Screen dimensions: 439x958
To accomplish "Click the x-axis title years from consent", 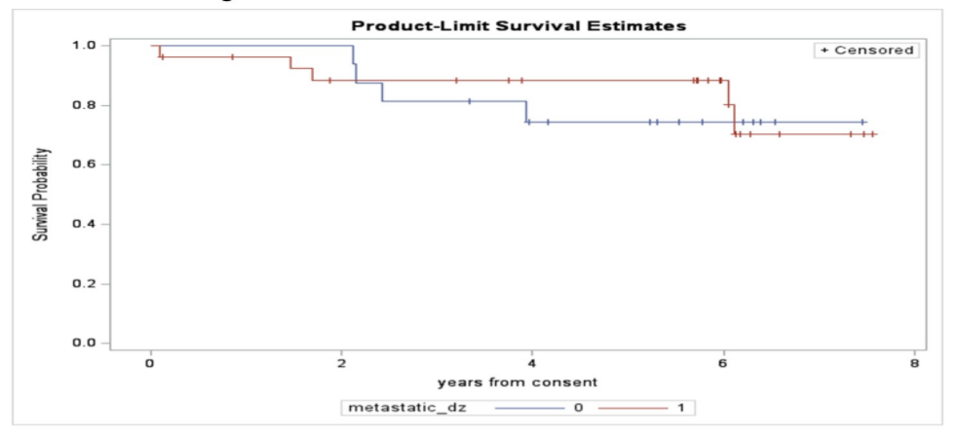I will point(517,382).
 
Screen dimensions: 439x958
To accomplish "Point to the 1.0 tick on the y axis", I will point(83,46).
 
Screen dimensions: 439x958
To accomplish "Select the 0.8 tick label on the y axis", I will point(83,105).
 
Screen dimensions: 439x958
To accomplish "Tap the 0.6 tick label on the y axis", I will point(83,165).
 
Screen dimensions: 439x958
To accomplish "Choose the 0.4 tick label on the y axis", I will point(83,225).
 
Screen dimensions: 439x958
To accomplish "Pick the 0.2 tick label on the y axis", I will point(83,284).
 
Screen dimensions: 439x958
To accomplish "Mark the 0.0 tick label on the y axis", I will point(83,344).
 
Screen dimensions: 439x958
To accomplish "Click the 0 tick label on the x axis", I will point(150,363).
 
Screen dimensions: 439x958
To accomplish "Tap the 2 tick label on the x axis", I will point(341,363).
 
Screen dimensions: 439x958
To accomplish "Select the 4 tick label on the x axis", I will point(532,363).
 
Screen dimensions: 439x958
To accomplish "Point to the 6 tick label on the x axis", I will point(723,363).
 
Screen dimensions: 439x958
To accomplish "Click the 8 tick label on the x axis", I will point(914,363).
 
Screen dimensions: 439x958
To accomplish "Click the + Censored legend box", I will point(865,51).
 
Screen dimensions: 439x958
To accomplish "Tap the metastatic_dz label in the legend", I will point(407,407).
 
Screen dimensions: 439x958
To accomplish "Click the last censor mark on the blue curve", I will point(862,123).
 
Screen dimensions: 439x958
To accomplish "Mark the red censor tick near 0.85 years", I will point(232,57).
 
